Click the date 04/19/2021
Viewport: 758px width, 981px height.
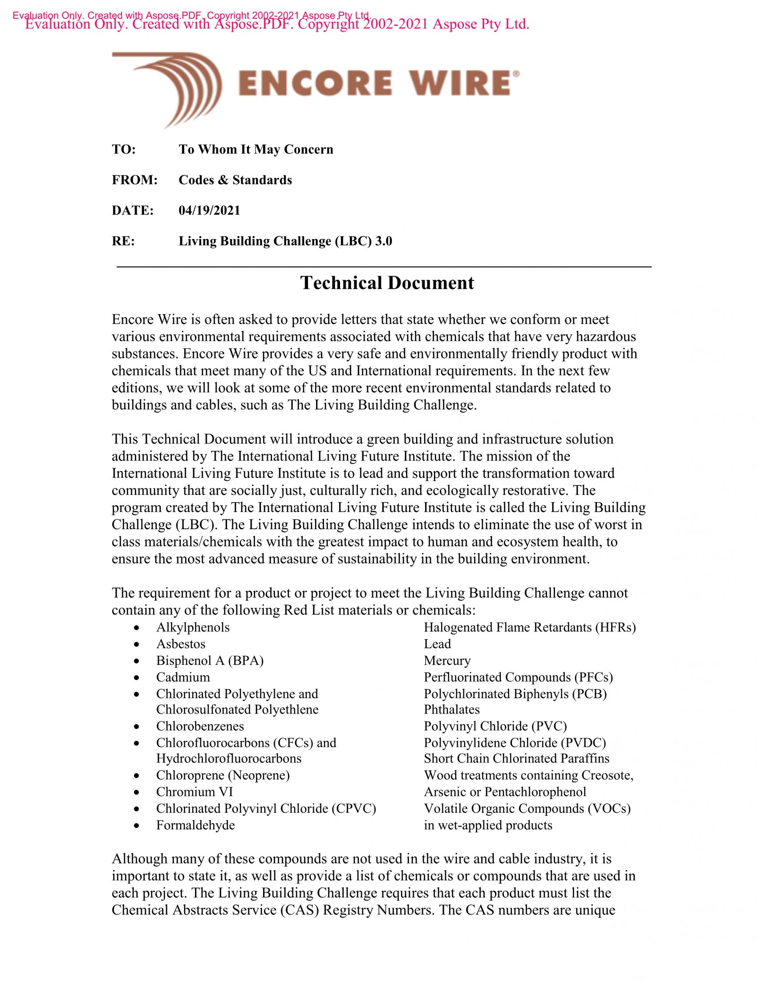coord(209,211)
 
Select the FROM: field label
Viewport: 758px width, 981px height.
coord(135,180)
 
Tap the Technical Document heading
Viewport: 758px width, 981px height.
coord(387,283)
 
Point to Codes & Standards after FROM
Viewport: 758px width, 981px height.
coord(235,180)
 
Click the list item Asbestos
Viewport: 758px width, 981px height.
coord(181,644)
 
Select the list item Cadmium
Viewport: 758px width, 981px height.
coord(183,677)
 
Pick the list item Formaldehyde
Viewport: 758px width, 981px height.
coord(195,825)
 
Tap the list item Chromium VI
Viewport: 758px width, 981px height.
coord(195,792)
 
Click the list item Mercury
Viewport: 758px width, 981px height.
coord(447,661)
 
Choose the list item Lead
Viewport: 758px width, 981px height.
coord(438,644)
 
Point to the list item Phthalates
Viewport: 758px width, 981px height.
coord(452,709)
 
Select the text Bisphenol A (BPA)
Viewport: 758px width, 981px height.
coord(210,661)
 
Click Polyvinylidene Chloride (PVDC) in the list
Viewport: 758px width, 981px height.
coord(515,743)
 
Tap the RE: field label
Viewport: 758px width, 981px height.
coord(123,241)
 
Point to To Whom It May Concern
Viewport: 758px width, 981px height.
coord(256,150)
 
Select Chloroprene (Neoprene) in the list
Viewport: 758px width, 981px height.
coord(223,775)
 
